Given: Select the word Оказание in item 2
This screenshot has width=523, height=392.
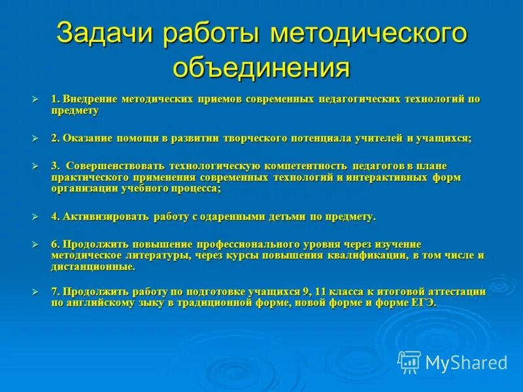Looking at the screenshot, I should (88, 138).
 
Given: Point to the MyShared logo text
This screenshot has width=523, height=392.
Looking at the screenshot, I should (465, 362).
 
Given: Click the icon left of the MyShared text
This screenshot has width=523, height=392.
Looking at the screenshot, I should (409, 361).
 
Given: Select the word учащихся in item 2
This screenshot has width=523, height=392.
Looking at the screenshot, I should (444, 138).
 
